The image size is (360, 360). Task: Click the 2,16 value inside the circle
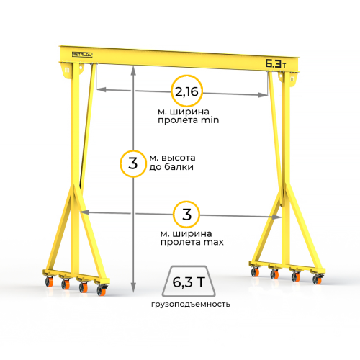186,91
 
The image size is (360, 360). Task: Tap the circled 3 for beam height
132,163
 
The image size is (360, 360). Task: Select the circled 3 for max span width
186,215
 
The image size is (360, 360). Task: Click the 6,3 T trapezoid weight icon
189,282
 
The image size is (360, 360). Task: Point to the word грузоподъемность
191,305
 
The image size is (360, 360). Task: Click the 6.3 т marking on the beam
276,63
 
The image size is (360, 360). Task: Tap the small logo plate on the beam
82,55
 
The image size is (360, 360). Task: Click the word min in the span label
210,120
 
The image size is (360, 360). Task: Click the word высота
179,158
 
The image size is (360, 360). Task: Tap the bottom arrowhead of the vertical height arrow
133,287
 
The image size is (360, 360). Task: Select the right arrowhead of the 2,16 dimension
263,95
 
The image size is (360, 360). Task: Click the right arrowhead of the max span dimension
276,217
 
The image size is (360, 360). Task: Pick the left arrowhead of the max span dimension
84,212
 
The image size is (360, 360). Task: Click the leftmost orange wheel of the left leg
50,282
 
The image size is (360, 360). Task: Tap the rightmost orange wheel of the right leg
318,279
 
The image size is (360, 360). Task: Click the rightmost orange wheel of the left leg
102,290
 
